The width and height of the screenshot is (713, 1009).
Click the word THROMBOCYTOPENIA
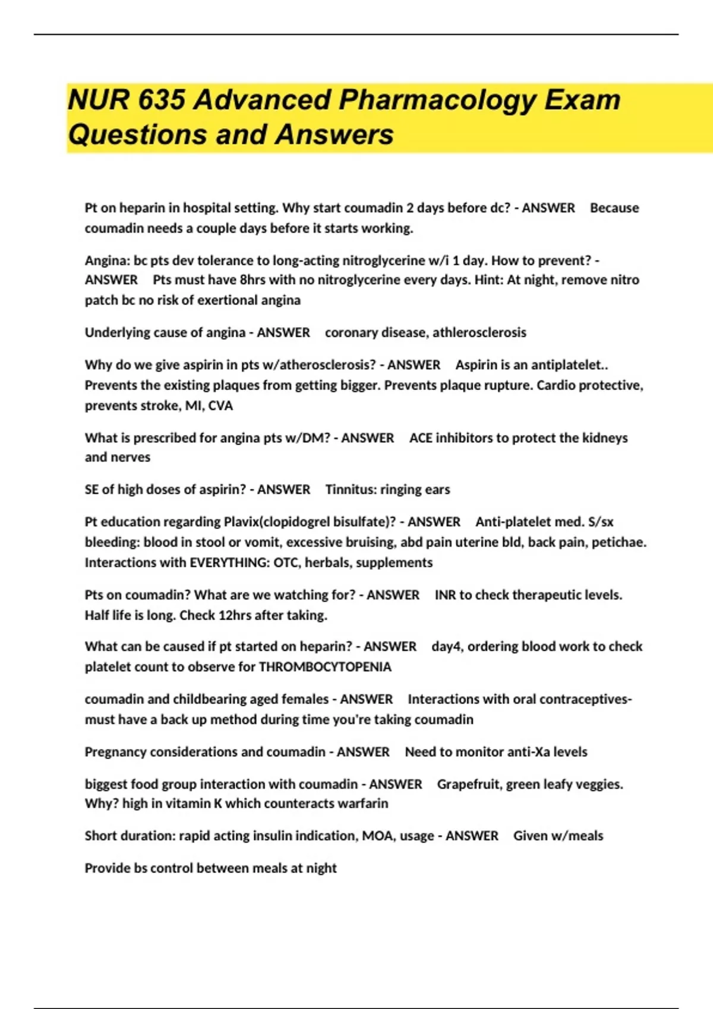325,667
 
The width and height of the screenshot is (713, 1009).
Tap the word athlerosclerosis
479,332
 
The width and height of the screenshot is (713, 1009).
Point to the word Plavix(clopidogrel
285,522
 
